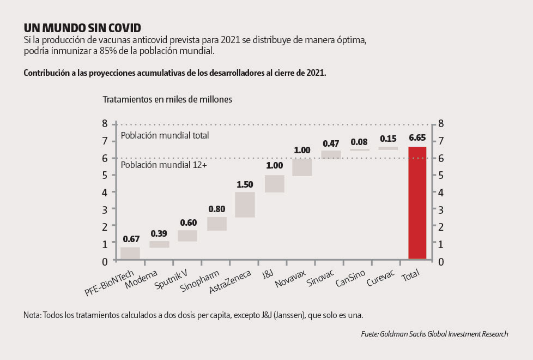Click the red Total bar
click(417, 202)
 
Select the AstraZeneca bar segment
click(245, 205)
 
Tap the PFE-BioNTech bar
click(130, 254)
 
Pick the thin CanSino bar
click(360, 149)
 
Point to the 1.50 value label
click(245, 184)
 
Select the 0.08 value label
click(360, 142)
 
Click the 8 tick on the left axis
click(105, 124)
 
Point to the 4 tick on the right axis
click(441, 192)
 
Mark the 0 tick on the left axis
click(105, 261)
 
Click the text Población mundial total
click(165, 135)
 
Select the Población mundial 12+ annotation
click(163, 165)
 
